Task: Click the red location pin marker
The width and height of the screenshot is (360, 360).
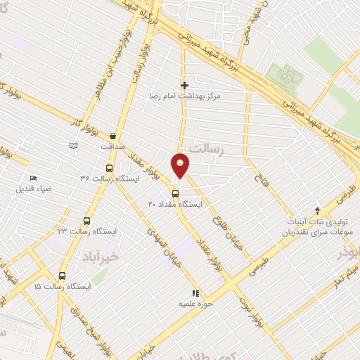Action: pos(181,165)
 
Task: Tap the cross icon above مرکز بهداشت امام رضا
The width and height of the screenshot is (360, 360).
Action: pos(184,85)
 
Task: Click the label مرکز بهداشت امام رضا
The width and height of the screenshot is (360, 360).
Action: pos(184,94)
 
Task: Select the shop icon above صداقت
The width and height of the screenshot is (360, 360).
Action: pos(114,136)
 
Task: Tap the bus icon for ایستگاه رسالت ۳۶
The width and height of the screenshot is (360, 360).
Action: pos(108,169)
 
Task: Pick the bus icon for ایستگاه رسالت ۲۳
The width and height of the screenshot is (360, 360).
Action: pos(86,221)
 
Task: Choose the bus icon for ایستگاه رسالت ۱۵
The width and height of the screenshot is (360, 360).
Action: pos(63,276)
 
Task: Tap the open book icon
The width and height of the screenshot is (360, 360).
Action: pos(73,146)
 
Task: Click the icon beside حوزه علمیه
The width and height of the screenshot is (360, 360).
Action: pos(195,294)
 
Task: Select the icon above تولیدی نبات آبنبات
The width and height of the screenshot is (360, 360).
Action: pos(317,210)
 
